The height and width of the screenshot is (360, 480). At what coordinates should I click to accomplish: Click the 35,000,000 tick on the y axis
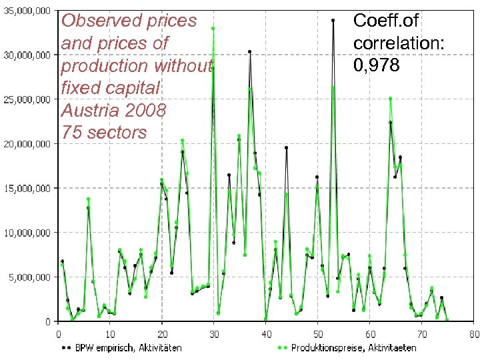point(29,11)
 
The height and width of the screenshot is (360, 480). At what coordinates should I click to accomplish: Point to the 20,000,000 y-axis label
point(29,144)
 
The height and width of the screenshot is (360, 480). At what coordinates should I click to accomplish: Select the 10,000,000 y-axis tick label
point(29,233)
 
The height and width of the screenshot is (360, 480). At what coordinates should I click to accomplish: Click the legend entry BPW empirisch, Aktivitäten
point(124,347)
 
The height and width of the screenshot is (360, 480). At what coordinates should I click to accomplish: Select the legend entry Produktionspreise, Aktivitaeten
point(349,347)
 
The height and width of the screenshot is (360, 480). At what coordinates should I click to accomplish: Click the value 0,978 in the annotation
point(377,65)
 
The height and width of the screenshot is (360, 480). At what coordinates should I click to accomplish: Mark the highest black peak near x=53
point(333,20)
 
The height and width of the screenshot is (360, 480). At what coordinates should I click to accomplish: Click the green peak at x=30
point(213,29)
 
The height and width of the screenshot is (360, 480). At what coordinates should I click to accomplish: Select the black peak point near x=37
point(250,51)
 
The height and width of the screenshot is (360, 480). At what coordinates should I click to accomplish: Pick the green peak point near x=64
point(390,99)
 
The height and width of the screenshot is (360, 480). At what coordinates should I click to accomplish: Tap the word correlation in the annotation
point(399,43)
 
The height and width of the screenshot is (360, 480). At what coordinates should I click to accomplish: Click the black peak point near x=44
point(286,147)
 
